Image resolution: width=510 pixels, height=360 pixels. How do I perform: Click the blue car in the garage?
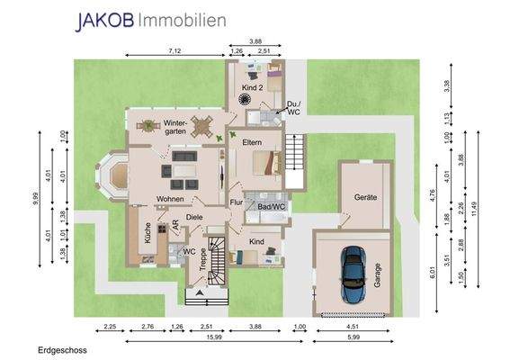353,274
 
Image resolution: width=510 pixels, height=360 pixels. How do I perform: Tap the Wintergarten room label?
175,127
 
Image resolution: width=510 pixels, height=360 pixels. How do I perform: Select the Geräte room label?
365,197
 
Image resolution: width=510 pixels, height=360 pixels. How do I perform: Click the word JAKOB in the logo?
104,22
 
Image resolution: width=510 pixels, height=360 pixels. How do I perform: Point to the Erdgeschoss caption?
62,350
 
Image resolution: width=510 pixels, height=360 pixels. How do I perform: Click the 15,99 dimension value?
214,337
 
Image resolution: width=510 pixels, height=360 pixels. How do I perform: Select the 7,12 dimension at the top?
175,50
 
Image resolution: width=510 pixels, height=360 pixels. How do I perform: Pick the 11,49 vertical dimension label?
473,209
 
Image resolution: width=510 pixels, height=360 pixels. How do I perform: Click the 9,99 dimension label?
35,199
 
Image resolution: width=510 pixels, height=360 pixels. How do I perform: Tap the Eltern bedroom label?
252,142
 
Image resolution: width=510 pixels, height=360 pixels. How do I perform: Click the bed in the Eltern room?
267,163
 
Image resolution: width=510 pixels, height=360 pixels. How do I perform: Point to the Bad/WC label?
272,207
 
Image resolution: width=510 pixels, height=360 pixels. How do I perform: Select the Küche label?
148,233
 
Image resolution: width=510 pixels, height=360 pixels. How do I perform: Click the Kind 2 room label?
253,87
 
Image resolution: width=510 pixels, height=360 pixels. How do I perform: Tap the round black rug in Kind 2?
244,99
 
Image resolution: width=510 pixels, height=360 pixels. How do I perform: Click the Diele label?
194,217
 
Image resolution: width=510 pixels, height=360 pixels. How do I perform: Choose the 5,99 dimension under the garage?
353,337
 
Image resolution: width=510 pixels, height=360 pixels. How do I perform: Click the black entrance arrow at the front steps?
200,292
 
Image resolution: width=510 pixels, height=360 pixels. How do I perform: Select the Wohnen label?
170,199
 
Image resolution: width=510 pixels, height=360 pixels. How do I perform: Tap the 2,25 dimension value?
110,327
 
